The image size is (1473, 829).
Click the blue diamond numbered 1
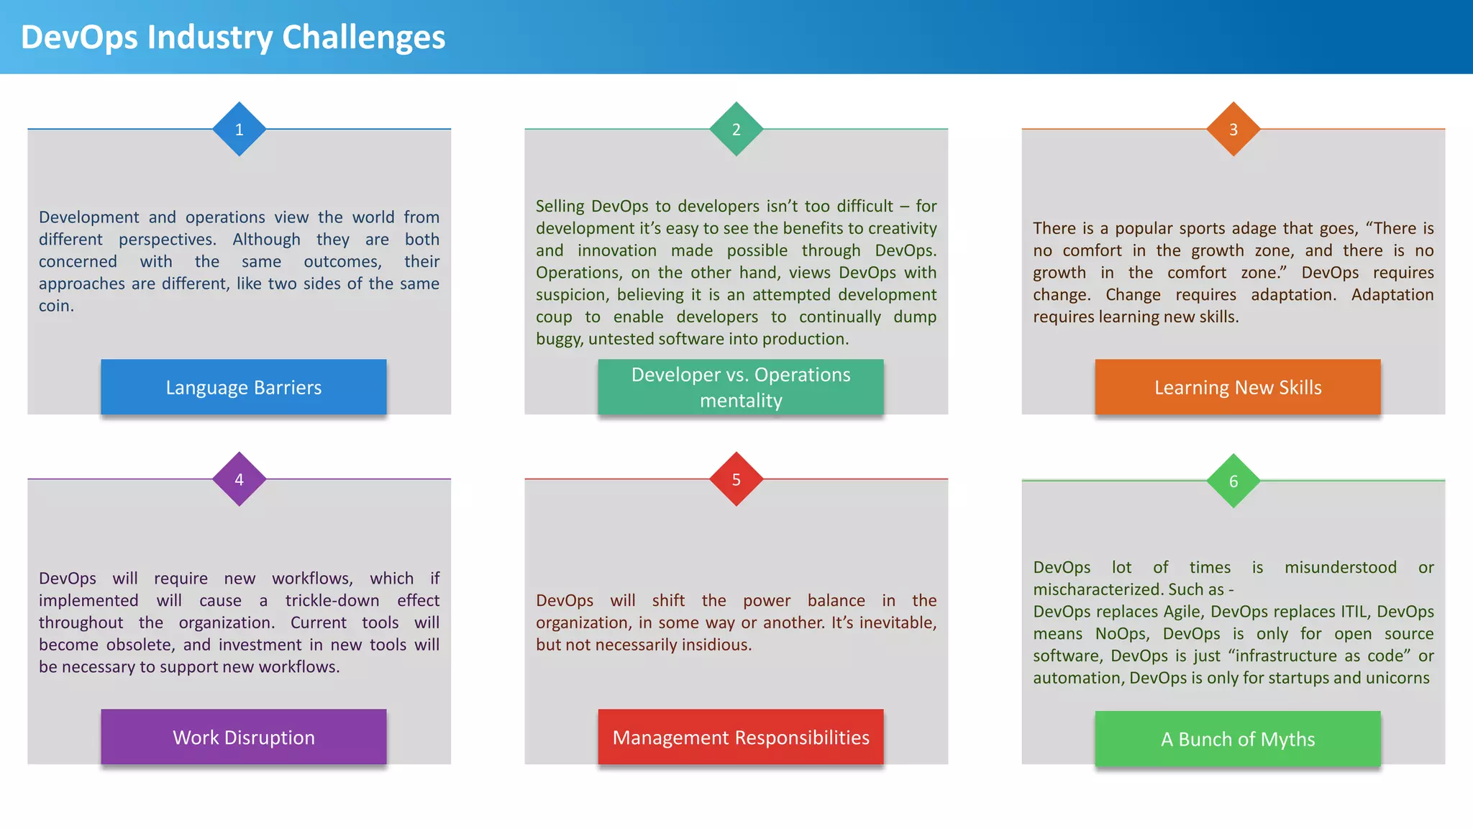pyautogui.click(x=240, y=130)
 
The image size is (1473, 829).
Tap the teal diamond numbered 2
pyautogui.click(x=736, y=130)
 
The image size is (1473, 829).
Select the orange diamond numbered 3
pyautogui.click(x=1233, y=130)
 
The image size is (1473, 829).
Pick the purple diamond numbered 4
pyautogui.click(x=240, y=479)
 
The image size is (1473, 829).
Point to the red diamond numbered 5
pyautogui.click(x=736, y=479)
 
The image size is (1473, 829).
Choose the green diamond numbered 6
pyautogui.click(x=1233, y=481)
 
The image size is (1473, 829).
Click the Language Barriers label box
pyautogui.click(x=244, y=387)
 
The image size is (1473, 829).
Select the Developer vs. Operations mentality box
pyautogui.click(x=741, y=387)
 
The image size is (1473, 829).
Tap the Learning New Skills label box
pyautogui.click(x=1238, y=387)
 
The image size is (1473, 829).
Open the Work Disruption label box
pyautogui.click(x=244, y=737)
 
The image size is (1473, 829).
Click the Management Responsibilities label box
pyautogui.click(x=741, y=737)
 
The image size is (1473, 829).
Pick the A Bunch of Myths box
pyautogui.click(x=1238, y=739)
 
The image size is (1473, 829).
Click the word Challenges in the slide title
pyautogui.click(x=363, y=37)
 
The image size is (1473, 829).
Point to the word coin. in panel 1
pyautogui.click(x=56, y=306)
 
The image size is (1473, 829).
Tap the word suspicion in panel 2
pyautogui.click(x=570, y=295)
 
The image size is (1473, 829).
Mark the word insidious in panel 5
pyautogui.click(x=716, y=645)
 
